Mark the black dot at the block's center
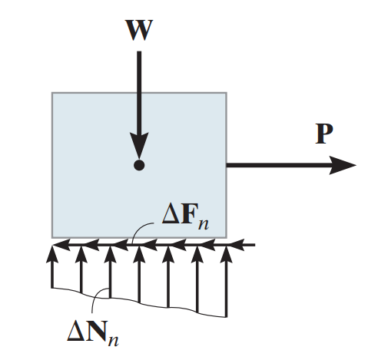click(138, 164)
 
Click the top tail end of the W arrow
click(138, 52)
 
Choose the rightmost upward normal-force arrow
click(225, 276)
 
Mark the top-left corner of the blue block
click(52, 93)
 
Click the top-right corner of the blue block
click(226, 93)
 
